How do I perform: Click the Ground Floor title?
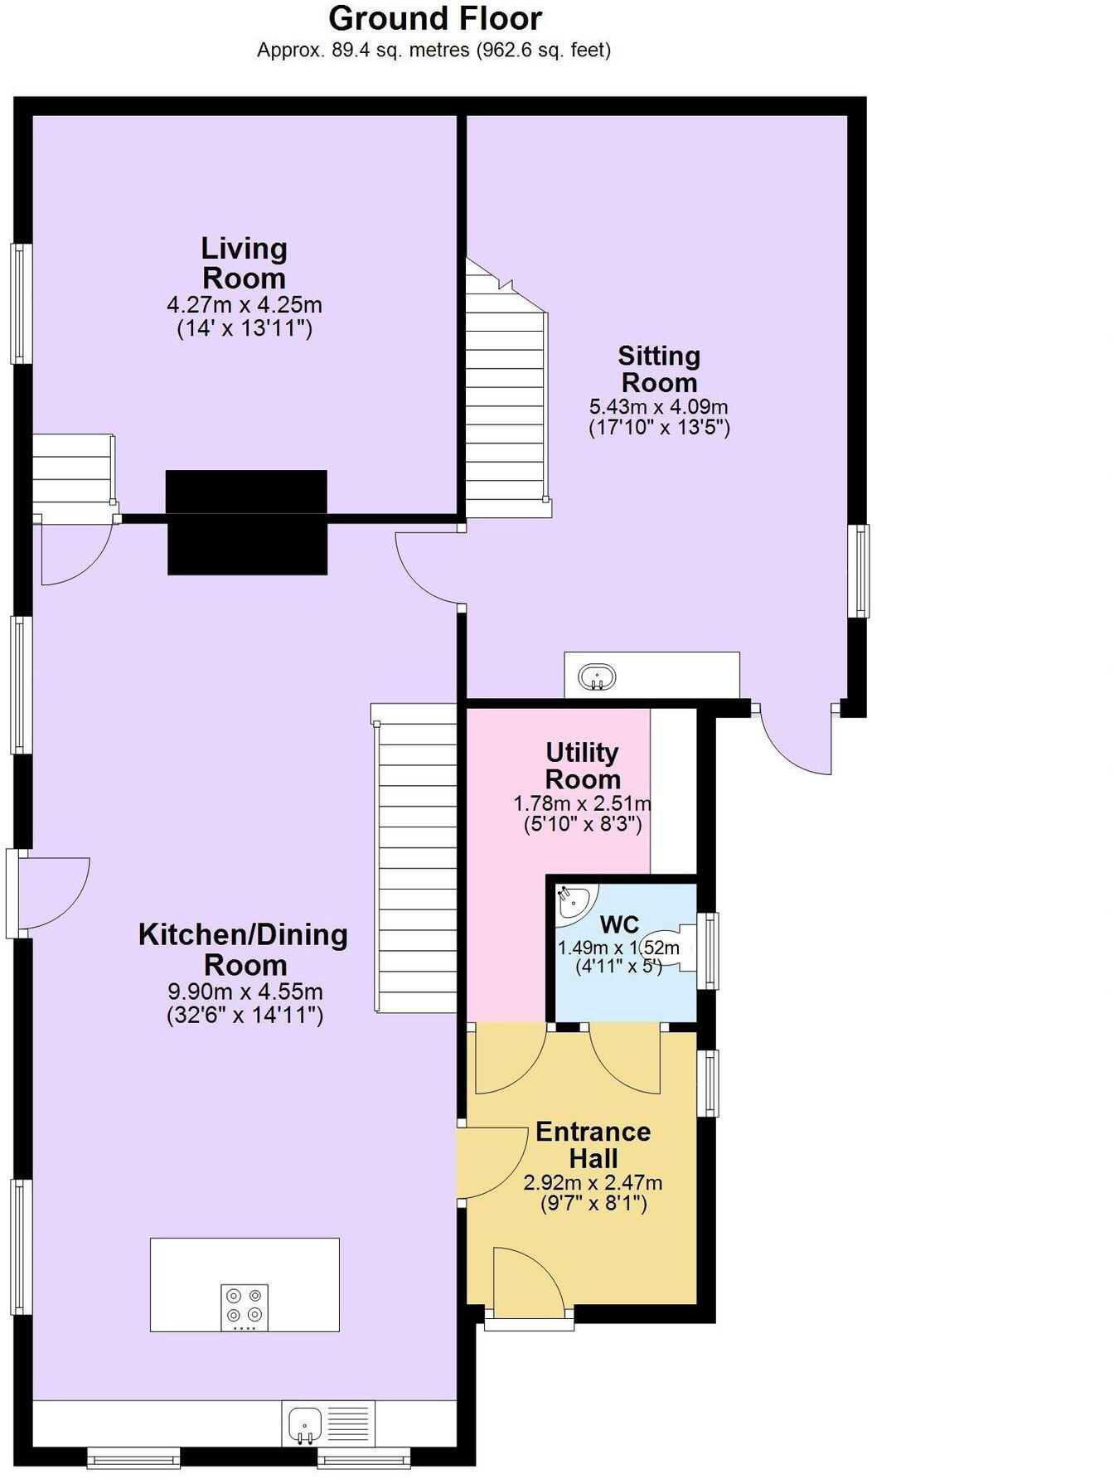coord(434,18)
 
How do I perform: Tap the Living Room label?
coord(244,263)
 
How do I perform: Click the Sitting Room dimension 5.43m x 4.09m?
coord(658,407)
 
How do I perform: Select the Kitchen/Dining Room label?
coord(243,949)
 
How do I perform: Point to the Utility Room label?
coord(583,765)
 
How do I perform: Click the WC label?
coord(619,924)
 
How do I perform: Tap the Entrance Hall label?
coord(593,1144)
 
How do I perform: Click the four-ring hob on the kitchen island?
coord(245,1307)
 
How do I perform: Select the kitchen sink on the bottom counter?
coord(304,1424)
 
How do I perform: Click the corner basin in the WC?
coord(574,901)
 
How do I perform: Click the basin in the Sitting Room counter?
coord(596,677)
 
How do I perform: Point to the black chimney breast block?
coord(247,522)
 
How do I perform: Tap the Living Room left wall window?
coord(21,303)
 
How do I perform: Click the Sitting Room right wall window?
coord(862,570)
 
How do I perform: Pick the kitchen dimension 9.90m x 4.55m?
coord(245,992)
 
